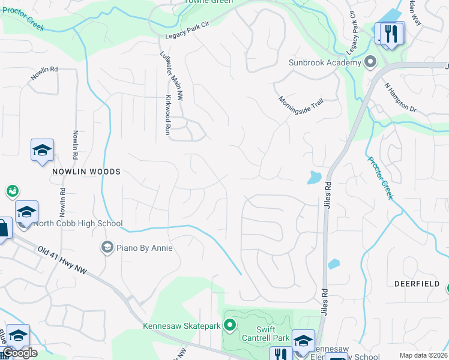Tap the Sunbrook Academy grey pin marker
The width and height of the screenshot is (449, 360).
pyautogui.click(x=370, y=62)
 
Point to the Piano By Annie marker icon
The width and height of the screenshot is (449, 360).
pyautogui.click(x=107, y=247)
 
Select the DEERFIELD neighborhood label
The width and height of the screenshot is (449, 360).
pyautogui.click(x=417, y=283)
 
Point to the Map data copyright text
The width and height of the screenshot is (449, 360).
pyautogui.click(x=423, y=355)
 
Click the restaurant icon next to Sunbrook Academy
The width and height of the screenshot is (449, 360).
pyautogui.click(x=391, y=34)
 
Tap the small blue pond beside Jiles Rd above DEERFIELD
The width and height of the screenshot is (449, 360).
pyautogui.click(x=333, y=263)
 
